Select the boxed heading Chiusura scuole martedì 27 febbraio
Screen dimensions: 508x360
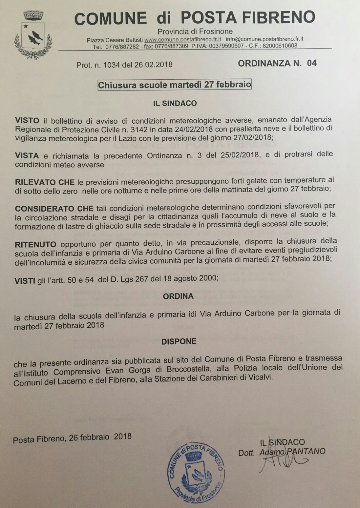[x=175, y=85]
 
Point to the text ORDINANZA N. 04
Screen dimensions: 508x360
[x=277, y=63]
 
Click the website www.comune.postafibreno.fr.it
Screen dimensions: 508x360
[x=182, y=39]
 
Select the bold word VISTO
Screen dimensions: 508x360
[x=27, y=120]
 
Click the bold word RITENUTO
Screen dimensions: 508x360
[x=35, y=244]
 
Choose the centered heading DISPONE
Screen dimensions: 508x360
[x=179, y=341]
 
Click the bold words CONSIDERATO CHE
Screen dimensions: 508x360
[x=54, y=209]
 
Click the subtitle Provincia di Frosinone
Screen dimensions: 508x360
[x=195, y=31]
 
